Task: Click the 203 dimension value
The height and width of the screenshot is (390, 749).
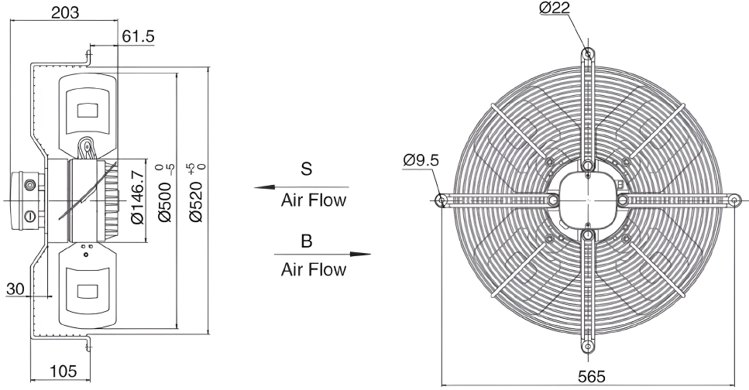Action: pos(65,12)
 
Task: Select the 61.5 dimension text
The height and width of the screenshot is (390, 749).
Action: pos(139,36)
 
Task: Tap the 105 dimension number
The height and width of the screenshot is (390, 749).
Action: pos(63,371)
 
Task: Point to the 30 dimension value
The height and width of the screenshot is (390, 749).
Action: pos(15,289)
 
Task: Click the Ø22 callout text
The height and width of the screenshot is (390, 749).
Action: pos(555,8)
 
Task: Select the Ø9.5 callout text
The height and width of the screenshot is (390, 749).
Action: pos(421,160)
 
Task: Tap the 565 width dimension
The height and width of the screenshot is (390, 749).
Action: pos(591,377)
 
